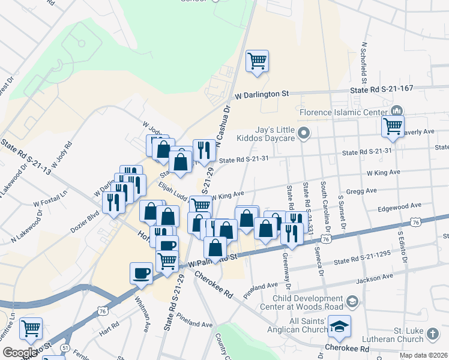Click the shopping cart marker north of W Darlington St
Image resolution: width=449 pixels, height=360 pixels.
pos(257,61)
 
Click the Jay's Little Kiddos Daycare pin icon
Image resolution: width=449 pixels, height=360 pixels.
pos(304,133)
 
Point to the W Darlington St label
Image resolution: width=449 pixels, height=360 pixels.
pos(262,95)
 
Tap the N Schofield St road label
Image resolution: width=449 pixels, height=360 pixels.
pos(364,62)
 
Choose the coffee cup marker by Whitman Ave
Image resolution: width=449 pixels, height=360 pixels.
pos(141,273)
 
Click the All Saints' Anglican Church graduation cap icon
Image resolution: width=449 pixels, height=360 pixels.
pos(340,326)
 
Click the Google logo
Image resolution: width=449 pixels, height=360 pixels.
pos(20,352)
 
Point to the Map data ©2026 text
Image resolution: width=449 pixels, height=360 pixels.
pos(423,355)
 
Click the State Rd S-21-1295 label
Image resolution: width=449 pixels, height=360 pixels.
pos(361,261)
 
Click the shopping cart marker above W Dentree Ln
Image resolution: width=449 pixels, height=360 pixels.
pos(31,328)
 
